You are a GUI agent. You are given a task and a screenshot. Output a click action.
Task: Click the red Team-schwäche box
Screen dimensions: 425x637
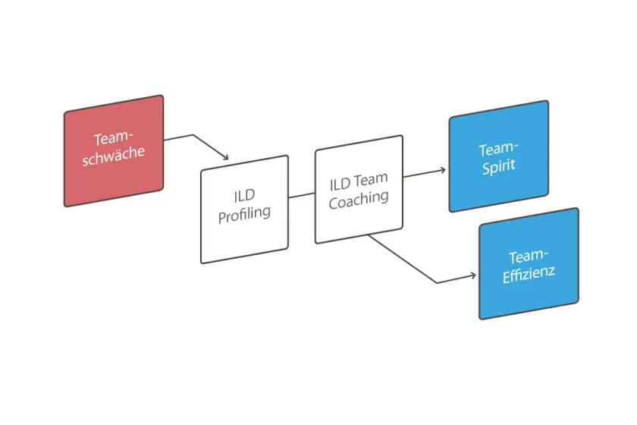[114, 150]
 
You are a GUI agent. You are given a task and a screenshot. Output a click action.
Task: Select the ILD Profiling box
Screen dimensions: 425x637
[244, 209]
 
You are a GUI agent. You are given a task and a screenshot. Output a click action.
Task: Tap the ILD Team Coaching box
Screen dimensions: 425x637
[359, 189]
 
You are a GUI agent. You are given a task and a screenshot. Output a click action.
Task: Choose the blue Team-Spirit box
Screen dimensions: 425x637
[498, 156]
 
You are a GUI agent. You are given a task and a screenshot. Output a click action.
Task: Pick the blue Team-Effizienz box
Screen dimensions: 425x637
[529, 263]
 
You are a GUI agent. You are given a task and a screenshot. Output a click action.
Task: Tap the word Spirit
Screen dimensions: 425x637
[498, 165]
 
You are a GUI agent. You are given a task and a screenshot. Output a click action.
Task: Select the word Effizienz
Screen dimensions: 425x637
[529, 272]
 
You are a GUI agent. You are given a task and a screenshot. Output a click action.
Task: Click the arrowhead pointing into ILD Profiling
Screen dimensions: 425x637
[224, 157]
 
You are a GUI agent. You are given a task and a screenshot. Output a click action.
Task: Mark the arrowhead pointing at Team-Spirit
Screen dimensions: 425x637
[443, 170]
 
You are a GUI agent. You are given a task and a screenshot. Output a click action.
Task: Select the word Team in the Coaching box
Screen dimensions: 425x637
[371, 180]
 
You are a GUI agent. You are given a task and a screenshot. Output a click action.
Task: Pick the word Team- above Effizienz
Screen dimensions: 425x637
[529, 256]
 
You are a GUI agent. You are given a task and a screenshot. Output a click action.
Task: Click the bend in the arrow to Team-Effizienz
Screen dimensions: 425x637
[438, 283]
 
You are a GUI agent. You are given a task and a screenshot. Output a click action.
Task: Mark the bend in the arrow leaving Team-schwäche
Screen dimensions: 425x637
[194, 135]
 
